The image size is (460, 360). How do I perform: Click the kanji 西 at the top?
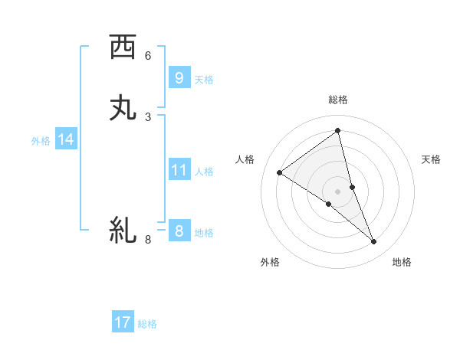click(123, 47)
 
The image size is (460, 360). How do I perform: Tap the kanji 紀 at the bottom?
click(123, 231)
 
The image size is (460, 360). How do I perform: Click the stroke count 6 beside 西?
click(148, 55)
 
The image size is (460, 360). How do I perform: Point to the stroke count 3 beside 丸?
click(148, 116)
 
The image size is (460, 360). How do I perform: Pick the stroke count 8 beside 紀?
click(148, 240)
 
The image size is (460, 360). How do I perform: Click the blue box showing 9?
click(179, 78)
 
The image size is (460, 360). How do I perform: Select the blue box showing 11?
click(179, 170)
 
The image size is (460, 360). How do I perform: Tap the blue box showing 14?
click(66, 139)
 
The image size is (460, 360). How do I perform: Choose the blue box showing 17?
click(123, 322)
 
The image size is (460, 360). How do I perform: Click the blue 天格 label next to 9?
click(204, 80)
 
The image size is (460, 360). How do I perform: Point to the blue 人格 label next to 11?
click(204, 172)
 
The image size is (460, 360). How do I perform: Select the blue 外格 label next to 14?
click(41, 141)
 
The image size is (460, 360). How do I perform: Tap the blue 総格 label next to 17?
click(147, 324)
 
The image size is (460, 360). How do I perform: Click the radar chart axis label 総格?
click(338, 100)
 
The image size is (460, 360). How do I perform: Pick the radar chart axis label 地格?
click(402, 262)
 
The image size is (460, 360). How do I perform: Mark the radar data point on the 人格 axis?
click(279, 172)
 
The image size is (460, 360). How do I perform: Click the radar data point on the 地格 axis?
click(374, 242)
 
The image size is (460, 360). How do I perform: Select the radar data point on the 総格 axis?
click(338, 131)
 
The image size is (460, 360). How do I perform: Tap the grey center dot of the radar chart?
click(338, 191)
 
